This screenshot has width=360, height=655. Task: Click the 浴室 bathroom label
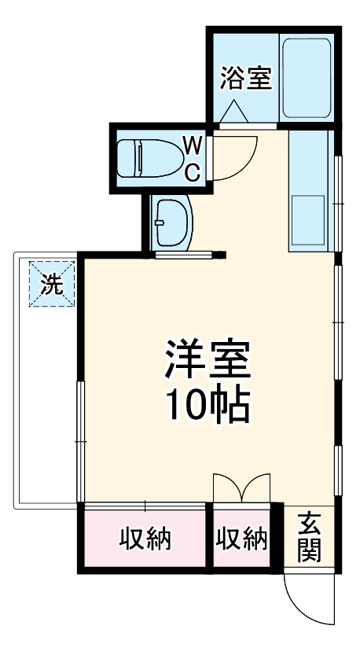click(245, 79)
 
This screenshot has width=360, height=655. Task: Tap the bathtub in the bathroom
click(307, 79)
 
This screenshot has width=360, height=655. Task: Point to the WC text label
click(193, 156)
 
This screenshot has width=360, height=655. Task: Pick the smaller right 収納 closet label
click(241, 539)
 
